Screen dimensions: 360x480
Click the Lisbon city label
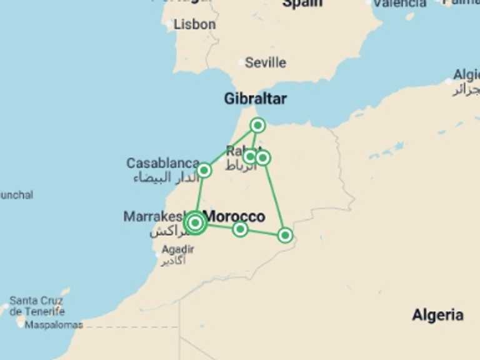pyautogui.click(x=194, y=25)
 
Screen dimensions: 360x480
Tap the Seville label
pyautogui.click(x=266, y=62)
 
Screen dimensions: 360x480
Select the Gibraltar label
pyautogui.click(x=255, y=99)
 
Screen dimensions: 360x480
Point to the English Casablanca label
pyautogui.click(x=162, y=163)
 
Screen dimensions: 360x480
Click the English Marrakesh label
pyautogui.click(x=154, y=217)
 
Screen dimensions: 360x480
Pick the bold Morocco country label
pyautogui.click(x=234, y=217)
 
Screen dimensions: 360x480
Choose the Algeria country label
pyautogui.click(x=437, y=315)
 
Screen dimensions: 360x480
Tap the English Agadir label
pyautogui.click(x=177, y=249)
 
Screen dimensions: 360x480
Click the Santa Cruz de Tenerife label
pyautogui.click(x=37, y=306)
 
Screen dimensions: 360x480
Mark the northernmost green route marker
pyautogui.click(x=257, y=126)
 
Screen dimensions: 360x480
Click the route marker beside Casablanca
pyautogui.click(x=204, y=170)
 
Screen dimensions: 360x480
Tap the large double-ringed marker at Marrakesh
pyautogui.click(x=196, y=222)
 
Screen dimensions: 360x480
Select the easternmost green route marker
pyautogui.click(x=285, y=235)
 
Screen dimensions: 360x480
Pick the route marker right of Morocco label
pyautogui.click(x=240, y=229)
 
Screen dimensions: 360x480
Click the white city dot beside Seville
pyautogui.click(x=241, y=62)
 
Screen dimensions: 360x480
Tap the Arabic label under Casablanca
pyautogui.click(x=160, y=178)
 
